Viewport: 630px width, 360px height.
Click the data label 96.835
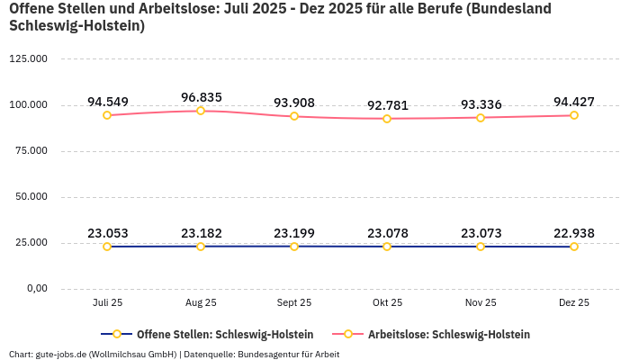pyautogui.click(x=201, y=97)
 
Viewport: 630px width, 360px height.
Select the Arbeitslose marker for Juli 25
pyautogui.click(x=107, y=115)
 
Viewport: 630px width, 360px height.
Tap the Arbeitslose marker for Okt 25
pyautogui.click(x=387, y=119)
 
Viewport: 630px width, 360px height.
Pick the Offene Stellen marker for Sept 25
pyautogui.click(x=294, y=246)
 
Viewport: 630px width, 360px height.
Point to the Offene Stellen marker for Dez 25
pyautogui.click(x=573, y=247)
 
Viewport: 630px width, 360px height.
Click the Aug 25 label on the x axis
pyautogui.click(x=201, y=303)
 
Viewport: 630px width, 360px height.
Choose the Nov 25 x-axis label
pyautogui.click(x=481, y=303)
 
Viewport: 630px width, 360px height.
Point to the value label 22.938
pyautogui.click(x=573, y=234)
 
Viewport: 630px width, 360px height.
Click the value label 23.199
pyautogui.click(x=294, y=233)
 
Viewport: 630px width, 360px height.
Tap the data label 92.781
pyautogui.click(x=387, y=105)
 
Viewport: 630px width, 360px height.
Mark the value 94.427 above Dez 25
pyautogui.click(x=573, y=101)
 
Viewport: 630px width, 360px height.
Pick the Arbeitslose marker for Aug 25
pyautogui.click(x=201, y=111)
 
